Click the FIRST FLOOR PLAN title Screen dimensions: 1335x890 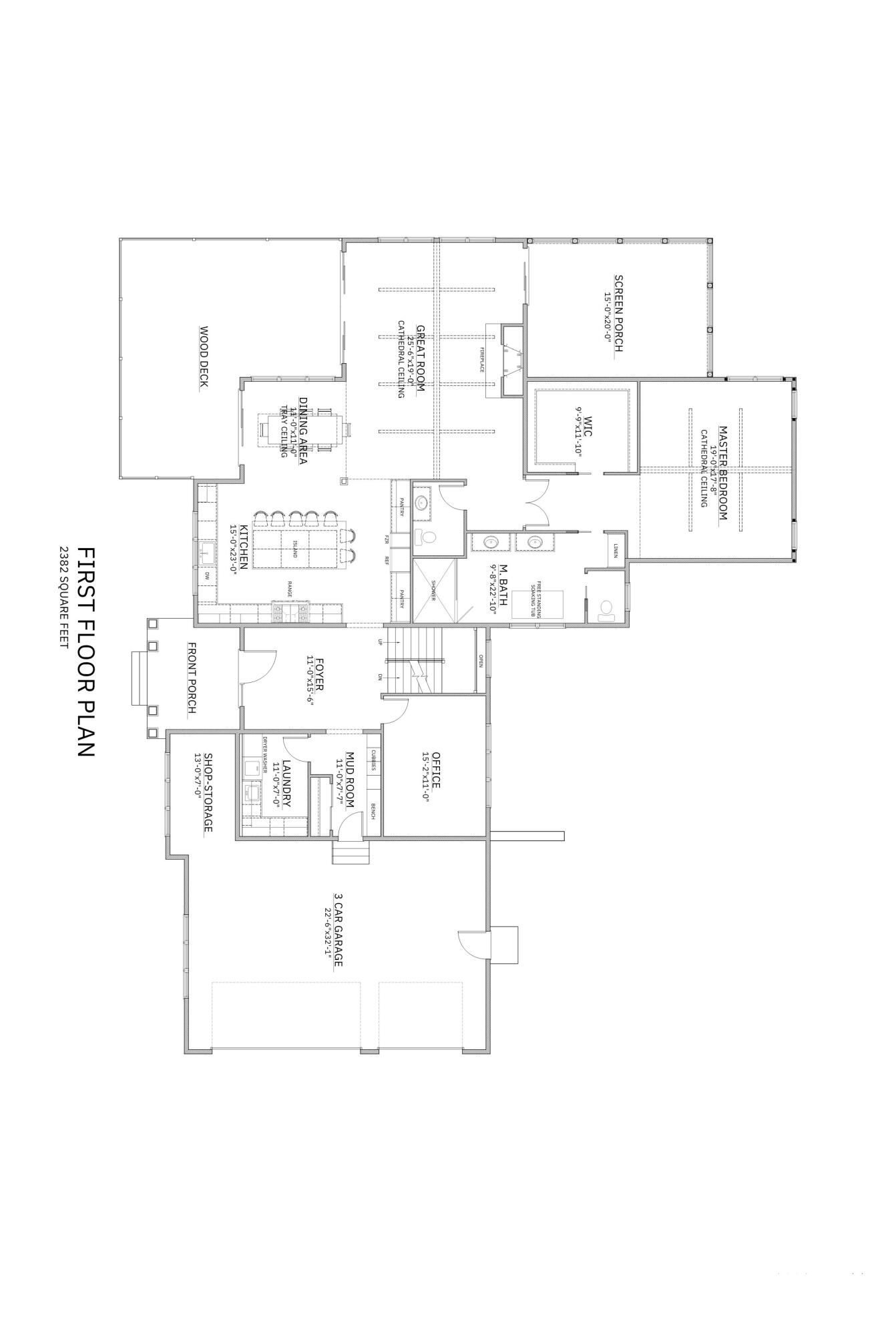coord(85,652)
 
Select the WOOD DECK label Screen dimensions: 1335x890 coord(204,356)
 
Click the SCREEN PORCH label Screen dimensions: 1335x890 coord(618,313)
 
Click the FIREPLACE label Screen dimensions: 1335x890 coord(480,360)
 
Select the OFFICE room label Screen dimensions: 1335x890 coord(436,770)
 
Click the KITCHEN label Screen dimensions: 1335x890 coord(244,546)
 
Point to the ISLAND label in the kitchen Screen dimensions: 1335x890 coord(293,549)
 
